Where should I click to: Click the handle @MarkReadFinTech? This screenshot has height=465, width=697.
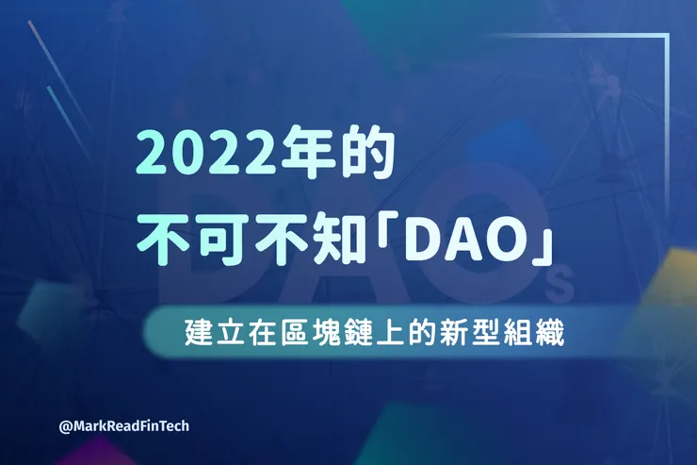point(123,426)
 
